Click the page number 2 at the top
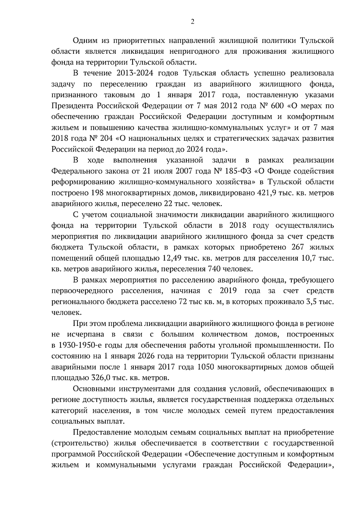pos(193,22)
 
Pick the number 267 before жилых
pos(296,248)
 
